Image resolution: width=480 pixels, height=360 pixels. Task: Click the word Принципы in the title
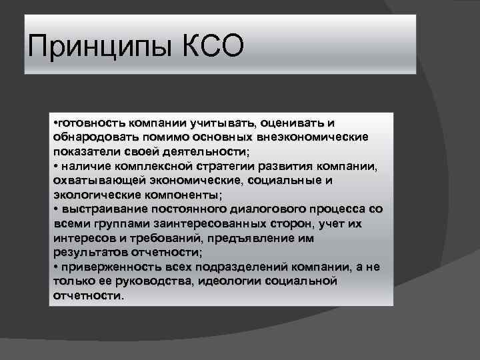[x=101, y=49]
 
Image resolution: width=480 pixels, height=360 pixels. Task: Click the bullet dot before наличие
[x=55, y=165]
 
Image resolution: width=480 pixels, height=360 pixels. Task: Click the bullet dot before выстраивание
[x=55, y=209]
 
